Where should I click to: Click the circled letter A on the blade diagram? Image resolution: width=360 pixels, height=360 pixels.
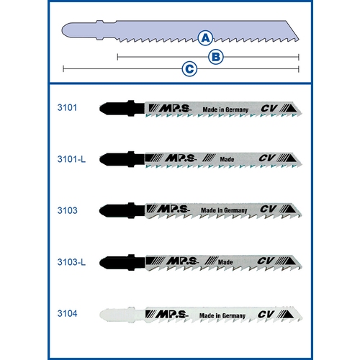(x=205, y=38)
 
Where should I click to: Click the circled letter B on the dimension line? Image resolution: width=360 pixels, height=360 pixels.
(x=216, y=57)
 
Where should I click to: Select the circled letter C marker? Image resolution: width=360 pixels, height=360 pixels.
(x=189, y=69)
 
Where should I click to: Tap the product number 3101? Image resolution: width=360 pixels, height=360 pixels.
(x=67, y=107)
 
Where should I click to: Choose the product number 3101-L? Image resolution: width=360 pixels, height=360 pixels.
(x=71, y=159)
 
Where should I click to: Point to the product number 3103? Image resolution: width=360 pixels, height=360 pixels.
(x=68, y=210)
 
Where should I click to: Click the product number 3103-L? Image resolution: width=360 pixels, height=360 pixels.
(x=71, y=262)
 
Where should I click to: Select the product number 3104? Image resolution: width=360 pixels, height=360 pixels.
(x=67, y=313)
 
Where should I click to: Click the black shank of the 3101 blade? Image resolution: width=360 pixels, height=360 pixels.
(x=122, y=108)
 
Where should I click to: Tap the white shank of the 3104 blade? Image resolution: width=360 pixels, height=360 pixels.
(x=122, y=315)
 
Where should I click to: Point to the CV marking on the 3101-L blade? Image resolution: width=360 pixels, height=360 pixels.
(x=267, y=158)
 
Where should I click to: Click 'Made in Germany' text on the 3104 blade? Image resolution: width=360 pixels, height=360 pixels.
(x=222, y=315)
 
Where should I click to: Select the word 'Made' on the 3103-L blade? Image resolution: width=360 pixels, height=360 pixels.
(x=225, y=262)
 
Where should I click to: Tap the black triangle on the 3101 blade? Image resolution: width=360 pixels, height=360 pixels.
(x=292, y=108)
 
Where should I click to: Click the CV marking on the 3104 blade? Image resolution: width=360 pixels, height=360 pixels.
(x=266, y=314)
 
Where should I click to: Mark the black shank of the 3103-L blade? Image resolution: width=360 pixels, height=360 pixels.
(x=122, y=262)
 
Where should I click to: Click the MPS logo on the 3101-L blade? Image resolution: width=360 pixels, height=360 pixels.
(x=181, y=158)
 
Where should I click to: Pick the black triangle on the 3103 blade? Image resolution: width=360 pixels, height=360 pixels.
(x=290, y=209)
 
